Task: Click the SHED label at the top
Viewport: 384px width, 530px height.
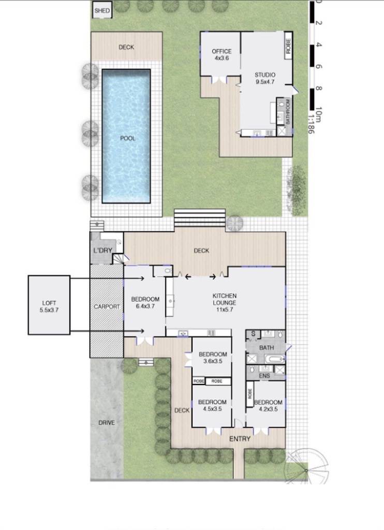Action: click(x=102, y=10)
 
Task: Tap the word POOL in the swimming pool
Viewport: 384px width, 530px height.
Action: click(x=127, y=138)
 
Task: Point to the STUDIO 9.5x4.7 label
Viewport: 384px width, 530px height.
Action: click(x=265, y=78)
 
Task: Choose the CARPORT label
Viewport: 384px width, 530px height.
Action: click(x=107, y=306)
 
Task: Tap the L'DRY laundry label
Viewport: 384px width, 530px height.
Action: click(x=102, y=251)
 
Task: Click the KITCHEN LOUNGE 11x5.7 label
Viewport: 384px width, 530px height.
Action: click(x=225, y=299)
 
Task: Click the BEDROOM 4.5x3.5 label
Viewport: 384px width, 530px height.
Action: click(x=212, y=405)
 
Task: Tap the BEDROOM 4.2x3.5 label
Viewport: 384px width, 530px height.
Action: click(x=268, y=405)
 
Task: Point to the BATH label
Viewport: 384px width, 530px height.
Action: click(x=267, y=348)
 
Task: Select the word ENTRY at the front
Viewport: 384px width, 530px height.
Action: click(x=240, y=439)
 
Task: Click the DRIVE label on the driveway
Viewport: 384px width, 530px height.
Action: click(x=107, y=423)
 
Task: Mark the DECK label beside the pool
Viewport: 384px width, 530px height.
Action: click(x=126, y=47)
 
